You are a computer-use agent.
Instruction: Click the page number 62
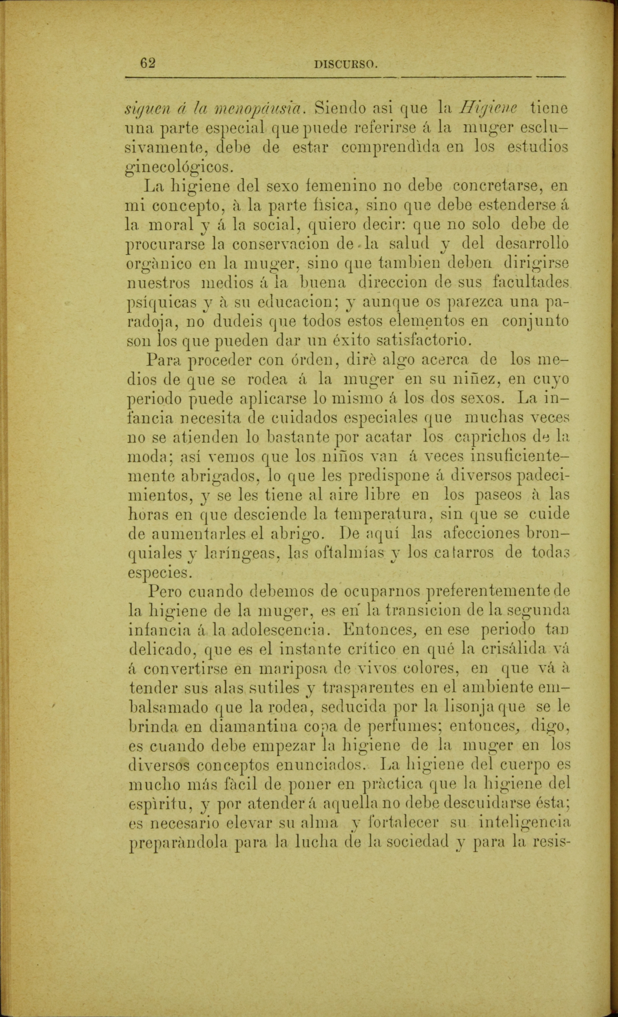pyautogui.click(x=147, y=63)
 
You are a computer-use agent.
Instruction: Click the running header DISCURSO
pyautogui.click(x=346, y=64)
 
